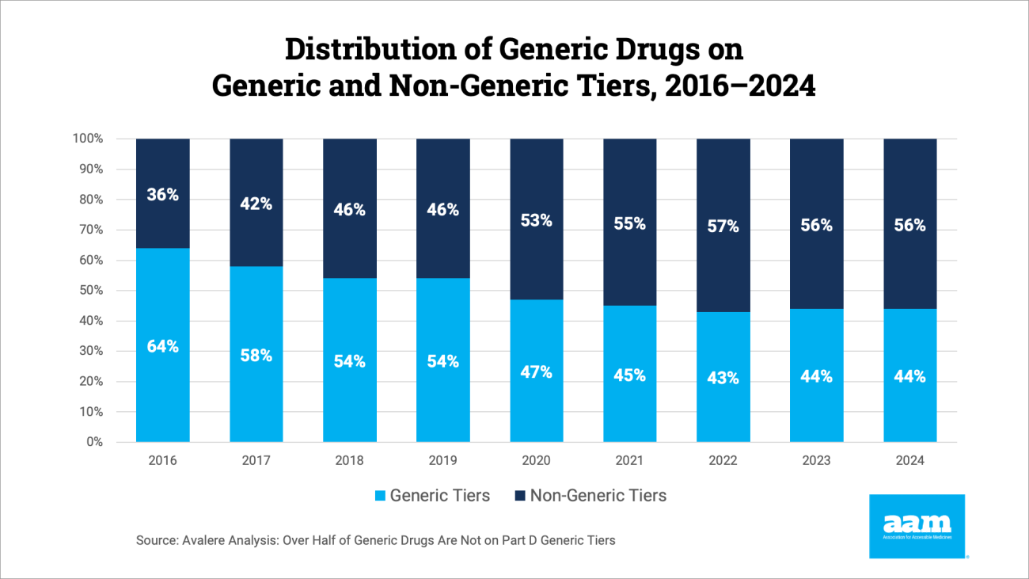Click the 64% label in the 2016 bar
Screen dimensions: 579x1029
(162, 347)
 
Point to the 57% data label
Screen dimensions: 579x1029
(723, 227)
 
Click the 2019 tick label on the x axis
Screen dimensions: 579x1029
(442, 460)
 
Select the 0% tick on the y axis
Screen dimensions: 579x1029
(94, 442)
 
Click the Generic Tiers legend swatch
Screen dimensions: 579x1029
(380, 497)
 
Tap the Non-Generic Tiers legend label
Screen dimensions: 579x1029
(598, 496)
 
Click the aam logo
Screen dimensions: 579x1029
(917, 526)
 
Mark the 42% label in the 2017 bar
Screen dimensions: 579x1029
(256, 204)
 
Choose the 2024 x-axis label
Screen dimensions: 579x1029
(909, 460)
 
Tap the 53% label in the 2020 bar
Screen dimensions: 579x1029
(536, 221)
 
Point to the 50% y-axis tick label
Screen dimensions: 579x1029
(90, 291)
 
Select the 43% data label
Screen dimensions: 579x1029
(723, 379)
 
